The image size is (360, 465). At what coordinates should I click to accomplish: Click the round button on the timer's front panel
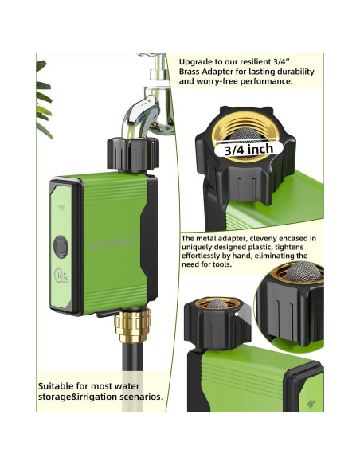[x=61, y=247]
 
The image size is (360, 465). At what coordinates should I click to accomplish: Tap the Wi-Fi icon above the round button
[x=61, y=208]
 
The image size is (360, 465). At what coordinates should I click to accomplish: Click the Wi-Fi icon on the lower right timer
[x=311, y=404]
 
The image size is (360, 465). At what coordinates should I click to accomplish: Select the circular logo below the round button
[x=61, y=275]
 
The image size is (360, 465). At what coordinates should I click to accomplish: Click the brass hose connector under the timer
[x=132, y=326]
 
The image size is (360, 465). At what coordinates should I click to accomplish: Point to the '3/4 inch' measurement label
[x=248, y=149]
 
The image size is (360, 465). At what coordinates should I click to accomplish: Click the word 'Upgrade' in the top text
[x=195, y=62]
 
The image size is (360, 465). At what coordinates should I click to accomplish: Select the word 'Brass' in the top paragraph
[x=190, y=72]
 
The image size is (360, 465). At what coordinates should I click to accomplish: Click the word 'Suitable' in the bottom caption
[x=56, y=386]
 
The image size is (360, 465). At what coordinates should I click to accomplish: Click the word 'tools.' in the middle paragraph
[x=221, y=264]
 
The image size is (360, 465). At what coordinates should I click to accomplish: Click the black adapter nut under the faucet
[x=133, y=154]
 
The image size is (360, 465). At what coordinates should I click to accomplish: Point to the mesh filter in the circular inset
[x=303, y=271]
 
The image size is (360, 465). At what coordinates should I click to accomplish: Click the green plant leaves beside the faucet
[x=44, y=99]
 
